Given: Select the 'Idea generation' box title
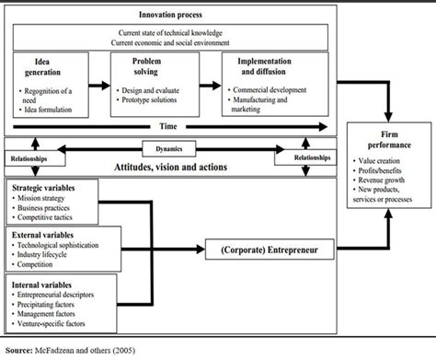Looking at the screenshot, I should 40,65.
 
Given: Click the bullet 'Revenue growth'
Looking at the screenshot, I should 374,181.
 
